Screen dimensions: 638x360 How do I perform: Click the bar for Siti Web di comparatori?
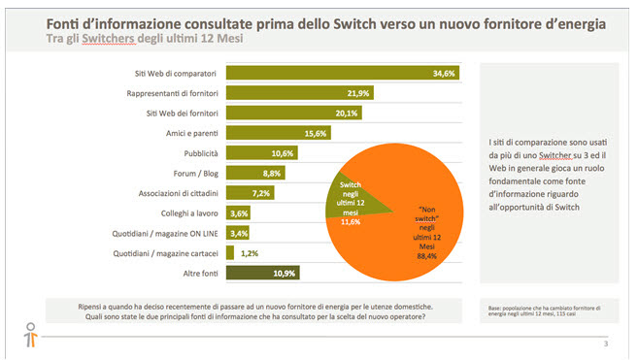[343, 73]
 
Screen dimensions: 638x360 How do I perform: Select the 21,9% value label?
[358, 93]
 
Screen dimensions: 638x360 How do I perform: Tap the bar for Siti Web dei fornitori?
[294, 113]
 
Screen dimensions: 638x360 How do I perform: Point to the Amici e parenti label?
[191, 133]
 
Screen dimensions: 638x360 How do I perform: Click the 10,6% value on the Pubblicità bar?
[283, 153]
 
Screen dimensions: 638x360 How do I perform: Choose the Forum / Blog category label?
[196, 174]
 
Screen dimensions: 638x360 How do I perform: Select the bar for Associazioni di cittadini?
[251, 193]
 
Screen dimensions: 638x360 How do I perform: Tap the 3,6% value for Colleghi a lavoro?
[239, 213]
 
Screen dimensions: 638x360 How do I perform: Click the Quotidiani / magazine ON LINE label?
[165, 234]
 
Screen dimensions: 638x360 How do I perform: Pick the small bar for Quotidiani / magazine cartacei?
[230, 253]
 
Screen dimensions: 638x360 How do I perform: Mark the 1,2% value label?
[250, 253]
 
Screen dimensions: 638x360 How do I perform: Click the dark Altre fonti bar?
[263, 273]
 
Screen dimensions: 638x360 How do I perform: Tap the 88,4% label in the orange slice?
[427, 256]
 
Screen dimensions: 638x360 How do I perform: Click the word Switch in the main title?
[354, 24]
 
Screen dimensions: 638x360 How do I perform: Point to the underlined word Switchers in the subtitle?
[108, 39]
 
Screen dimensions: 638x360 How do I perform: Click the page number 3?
[606, 344]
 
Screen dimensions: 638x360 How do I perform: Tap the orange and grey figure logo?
[30, 335]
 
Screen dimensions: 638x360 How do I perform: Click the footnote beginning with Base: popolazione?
[545, 311]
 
